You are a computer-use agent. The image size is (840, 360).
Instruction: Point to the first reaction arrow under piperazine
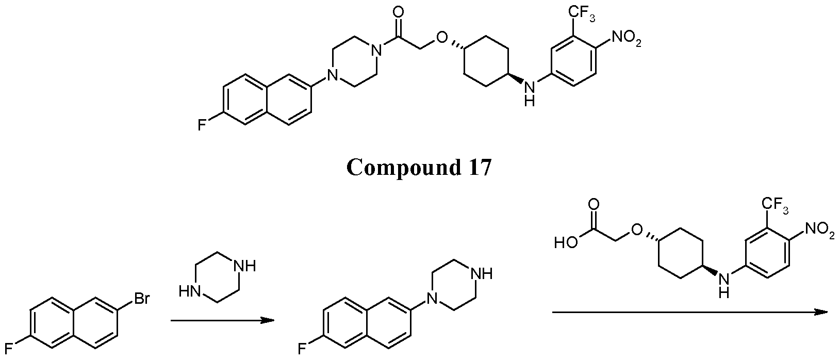[222, 320]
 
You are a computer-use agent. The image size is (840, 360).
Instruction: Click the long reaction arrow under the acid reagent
[690, 312]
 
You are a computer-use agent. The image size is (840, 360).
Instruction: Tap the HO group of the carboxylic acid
[566, 243]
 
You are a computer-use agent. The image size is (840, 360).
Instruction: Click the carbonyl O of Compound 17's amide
[398, 12]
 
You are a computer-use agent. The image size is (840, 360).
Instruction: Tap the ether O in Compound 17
[442, 38]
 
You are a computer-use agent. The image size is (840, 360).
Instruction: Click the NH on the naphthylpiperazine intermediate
[482, 274]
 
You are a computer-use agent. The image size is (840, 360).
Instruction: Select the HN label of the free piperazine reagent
[189, 291]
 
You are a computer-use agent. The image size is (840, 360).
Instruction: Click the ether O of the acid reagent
[637, 230]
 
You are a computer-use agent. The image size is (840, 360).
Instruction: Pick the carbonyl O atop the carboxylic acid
[593, 205]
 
